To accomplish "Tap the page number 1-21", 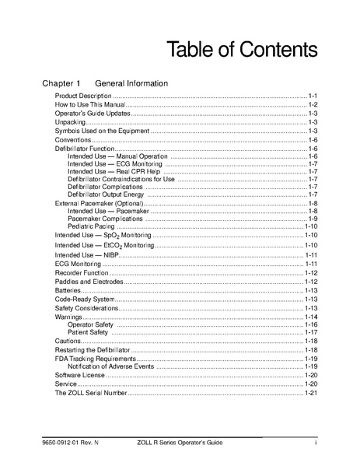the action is pos(312,394).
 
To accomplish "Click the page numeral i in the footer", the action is pos(316,443).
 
